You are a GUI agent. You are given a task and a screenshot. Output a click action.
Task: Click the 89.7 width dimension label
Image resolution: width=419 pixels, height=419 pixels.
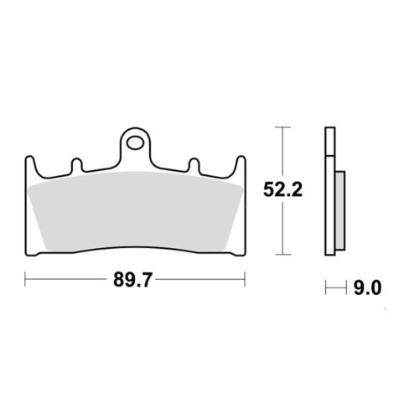click(x=132, y=279)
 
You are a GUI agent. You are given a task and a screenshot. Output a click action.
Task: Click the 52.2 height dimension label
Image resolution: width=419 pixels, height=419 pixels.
click(x=282, y=190)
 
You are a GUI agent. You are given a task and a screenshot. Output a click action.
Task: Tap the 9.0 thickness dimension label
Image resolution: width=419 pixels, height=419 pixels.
click(x=367, y=288)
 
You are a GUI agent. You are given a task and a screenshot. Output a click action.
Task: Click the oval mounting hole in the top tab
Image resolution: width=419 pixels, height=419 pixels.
click(x=135, y=142)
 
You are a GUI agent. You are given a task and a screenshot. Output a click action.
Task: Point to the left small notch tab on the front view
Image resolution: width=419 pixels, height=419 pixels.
click(x=77, y=164)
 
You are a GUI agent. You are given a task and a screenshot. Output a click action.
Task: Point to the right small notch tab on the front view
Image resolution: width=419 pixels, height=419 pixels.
click(x=194, y=164)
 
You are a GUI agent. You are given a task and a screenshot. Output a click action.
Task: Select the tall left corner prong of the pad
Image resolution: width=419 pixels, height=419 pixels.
click(x=30, y=165)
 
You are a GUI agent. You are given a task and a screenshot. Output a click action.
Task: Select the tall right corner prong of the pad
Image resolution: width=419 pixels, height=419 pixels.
click(x=241, y=165)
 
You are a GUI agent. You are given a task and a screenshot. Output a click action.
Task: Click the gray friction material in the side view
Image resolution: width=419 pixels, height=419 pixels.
click(x=340, y=210)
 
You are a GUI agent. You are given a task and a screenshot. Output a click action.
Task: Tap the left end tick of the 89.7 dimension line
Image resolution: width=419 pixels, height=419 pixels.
click(x=25, y=278)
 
